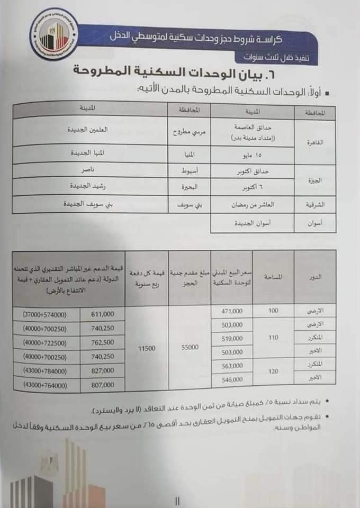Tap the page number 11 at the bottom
click(177, 498)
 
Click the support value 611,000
click(103, 314)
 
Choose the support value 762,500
click(103, 342)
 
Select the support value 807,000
click(103, 386)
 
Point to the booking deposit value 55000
click(190, 347)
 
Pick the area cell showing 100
click(273, 310)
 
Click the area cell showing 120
click(273, 371)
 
